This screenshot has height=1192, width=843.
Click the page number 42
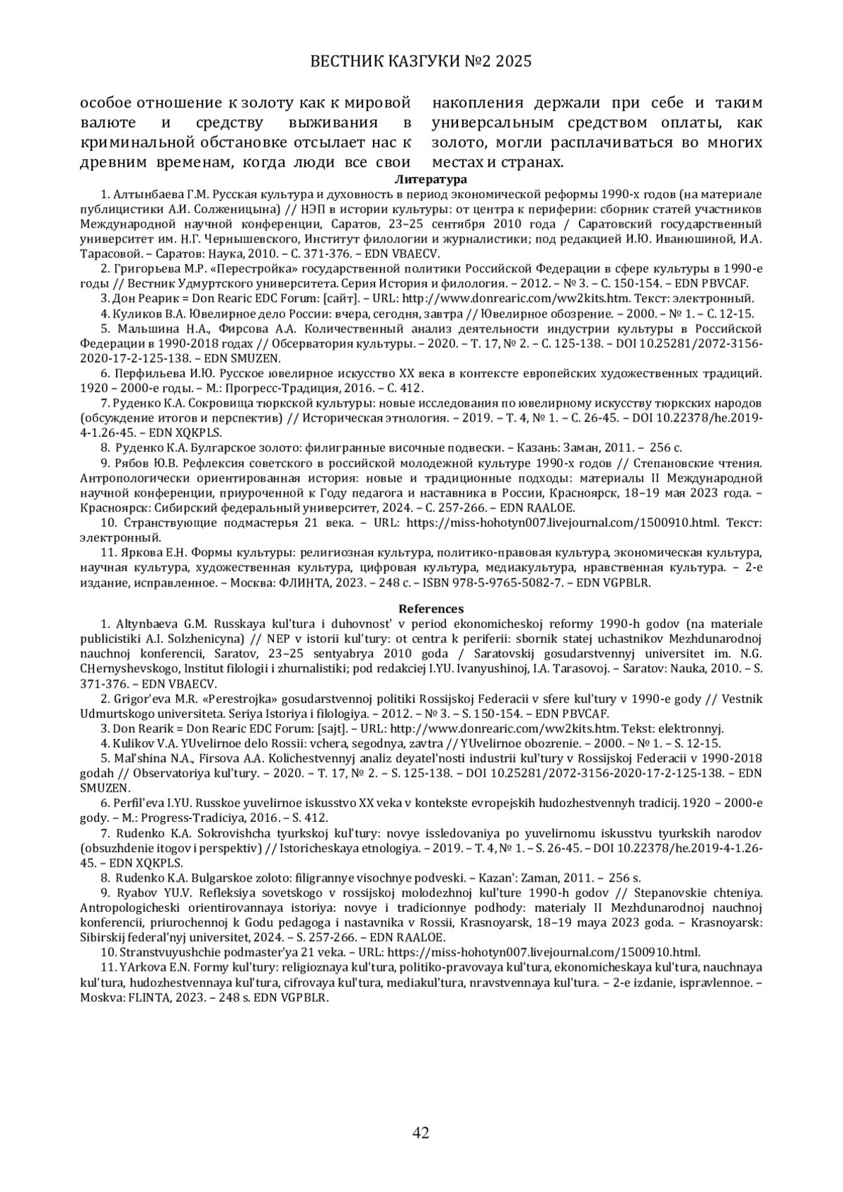(x=421, y=1132)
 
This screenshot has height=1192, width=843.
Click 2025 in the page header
(x=514, y=62)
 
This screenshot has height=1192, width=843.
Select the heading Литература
(x=421, y=180)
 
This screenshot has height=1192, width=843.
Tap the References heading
(x=421, y=609)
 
